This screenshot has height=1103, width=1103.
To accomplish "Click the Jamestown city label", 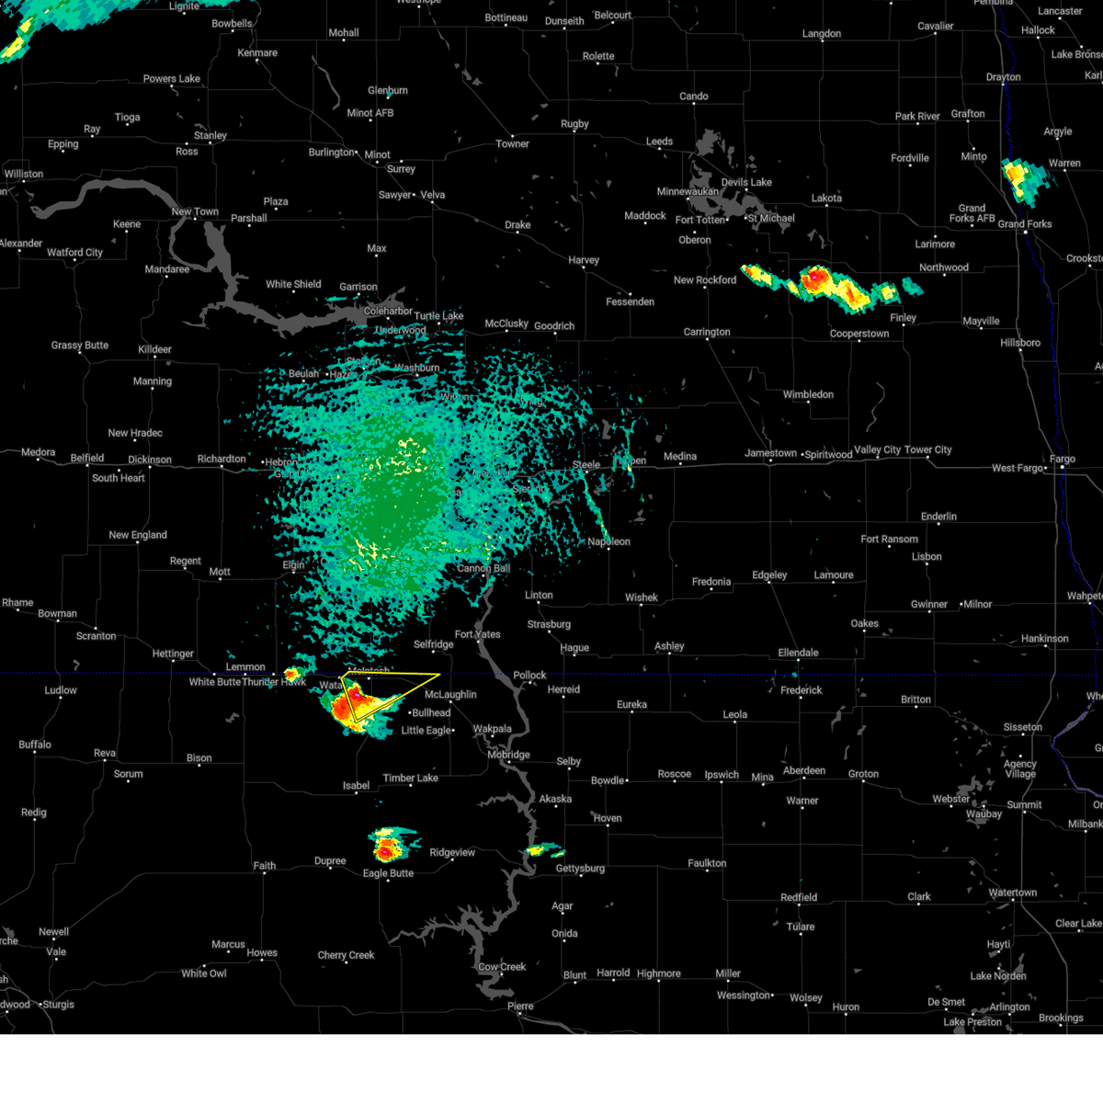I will point(770,453).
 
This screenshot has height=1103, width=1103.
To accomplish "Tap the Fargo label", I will point(1063,459).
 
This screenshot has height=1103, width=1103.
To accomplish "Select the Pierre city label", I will point(520,1006).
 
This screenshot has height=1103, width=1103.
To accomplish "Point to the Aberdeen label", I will point(803,771).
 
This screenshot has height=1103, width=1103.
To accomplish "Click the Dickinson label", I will point(150,460).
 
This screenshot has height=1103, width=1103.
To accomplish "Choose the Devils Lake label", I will point(746,182).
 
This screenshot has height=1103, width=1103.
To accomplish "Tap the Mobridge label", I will point(508,755).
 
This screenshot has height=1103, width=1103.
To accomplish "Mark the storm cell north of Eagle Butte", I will point(388,843).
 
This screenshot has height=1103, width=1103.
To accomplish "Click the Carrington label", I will point(707,332).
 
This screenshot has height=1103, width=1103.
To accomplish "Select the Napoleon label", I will point(609,541).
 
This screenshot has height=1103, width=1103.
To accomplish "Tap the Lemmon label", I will point(245,667).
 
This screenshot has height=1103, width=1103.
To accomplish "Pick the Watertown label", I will point(1012,893).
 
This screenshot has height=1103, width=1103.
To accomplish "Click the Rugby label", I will point(574,124).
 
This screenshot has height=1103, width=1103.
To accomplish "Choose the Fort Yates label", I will point(477,634).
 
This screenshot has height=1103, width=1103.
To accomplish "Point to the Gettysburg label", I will point(580,869).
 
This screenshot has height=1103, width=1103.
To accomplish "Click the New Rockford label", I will point(705,280).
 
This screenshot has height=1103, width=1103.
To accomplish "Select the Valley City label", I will point(879,450).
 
